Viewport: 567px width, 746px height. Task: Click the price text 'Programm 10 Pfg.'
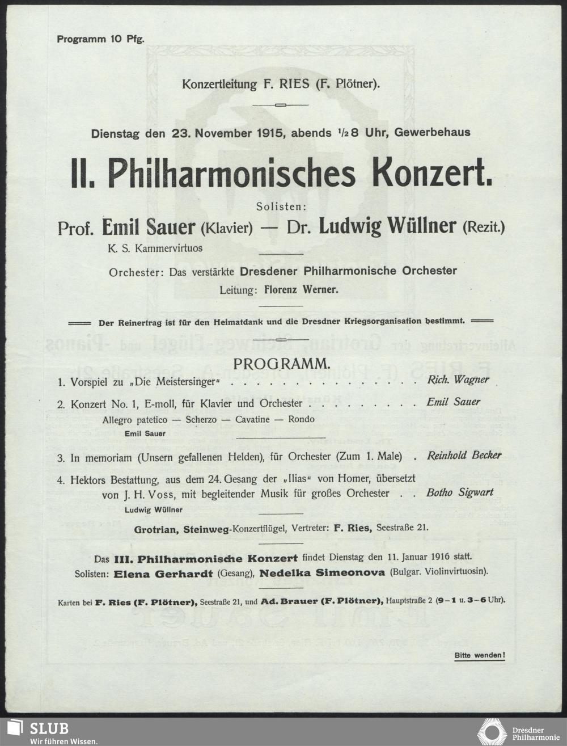point(100,39)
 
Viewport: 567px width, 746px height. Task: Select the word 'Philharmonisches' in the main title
point(231,173)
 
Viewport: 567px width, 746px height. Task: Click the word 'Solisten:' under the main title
point(281,207)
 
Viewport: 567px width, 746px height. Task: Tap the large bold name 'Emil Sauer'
point(148,227)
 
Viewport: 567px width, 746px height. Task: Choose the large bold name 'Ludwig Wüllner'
point(387,226)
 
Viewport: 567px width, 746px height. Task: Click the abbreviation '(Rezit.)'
point(484,228)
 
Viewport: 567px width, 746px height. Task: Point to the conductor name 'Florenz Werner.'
point(302,290)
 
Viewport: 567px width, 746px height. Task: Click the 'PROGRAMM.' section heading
point(281,363)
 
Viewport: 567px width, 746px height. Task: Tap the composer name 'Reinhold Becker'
point(464,455)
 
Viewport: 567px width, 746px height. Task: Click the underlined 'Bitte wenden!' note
point(480,656)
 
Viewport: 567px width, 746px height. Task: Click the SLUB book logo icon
point(15,731)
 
